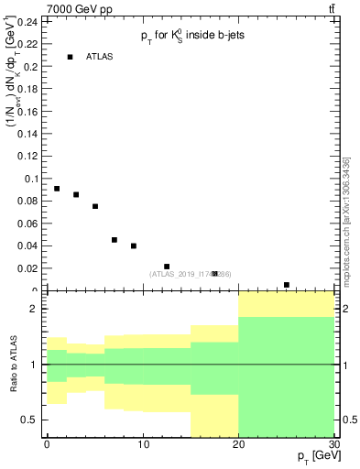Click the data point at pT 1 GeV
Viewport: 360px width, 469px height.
[57, 189]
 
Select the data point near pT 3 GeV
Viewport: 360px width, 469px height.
[76, 194]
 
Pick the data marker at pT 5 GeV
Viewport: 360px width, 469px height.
[95, 206]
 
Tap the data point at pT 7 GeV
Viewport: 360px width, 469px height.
[115, 240]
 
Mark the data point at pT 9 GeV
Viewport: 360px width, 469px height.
[134, 245]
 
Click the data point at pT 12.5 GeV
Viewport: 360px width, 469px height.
[167, 267]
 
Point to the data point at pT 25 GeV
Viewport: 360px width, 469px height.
[287, 285]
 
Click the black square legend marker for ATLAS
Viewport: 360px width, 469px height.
[70, 57]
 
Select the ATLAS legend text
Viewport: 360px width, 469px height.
[99, 57]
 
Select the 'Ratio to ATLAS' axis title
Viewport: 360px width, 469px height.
[14, 365]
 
